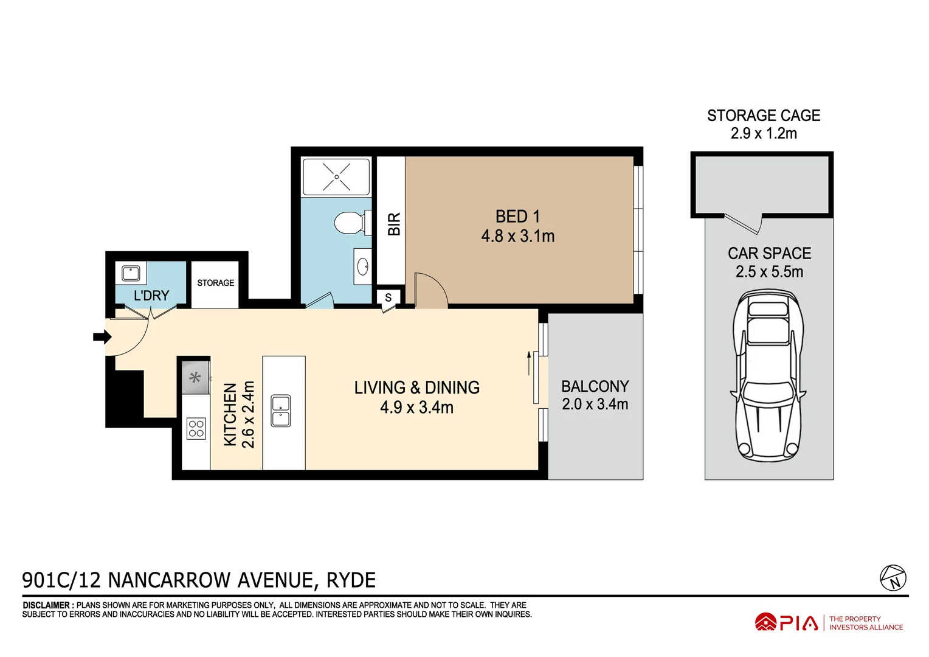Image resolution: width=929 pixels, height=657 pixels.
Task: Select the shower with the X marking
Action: (x=336, y=177)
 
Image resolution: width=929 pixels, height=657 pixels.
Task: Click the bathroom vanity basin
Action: (x=363, y=266)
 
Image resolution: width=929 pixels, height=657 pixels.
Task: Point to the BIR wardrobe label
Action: (x=394, y=224)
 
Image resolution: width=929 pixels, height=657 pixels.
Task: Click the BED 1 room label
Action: (x=517, y=217)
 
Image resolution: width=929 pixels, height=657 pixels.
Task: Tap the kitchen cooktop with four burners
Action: (x=196, y=428)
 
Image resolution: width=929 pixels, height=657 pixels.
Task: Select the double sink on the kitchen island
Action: (x=280, y=411)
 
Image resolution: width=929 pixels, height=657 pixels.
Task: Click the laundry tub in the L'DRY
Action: (x=131, y=273)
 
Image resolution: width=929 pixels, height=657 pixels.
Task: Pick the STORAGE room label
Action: (x=215, y=283)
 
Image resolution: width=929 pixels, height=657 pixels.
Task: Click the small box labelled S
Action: (x=389, y=298)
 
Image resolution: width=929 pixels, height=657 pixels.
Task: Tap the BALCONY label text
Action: (x=595, y=387)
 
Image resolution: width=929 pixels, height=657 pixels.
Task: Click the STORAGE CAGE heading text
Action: (x=763, y=116)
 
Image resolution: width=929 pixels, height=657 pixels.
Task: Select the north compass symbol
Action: (x=893, y=577)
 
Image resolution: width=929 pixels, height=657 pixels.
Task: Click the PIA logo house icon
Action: (x=765, y=622)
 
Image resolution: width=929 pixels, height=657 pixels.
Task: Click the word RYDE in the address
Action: (x=351, y=580)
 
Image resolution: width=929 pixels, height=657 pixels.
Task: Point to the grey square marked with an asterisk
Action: (x=195, y=378)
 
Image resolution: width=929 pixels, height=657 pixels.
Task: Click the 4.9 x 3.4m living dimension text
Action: (x=416, y=408)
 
